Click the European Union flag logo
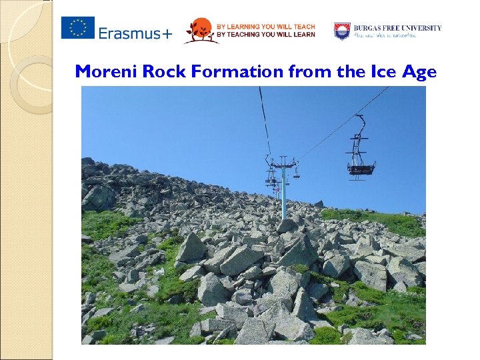[x=78, y=28]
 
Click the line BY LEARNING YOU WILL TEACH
[x=265, y=26]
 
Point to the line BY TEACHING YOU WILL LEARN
[x=265, y=35]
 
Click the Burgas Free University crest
[x=342, y=31]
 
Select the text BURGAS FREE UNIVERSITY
[x=397, y=28]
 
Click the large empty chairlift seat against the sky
[x=361, y=168]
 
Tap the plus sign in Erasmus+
[x=165, y=33]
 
